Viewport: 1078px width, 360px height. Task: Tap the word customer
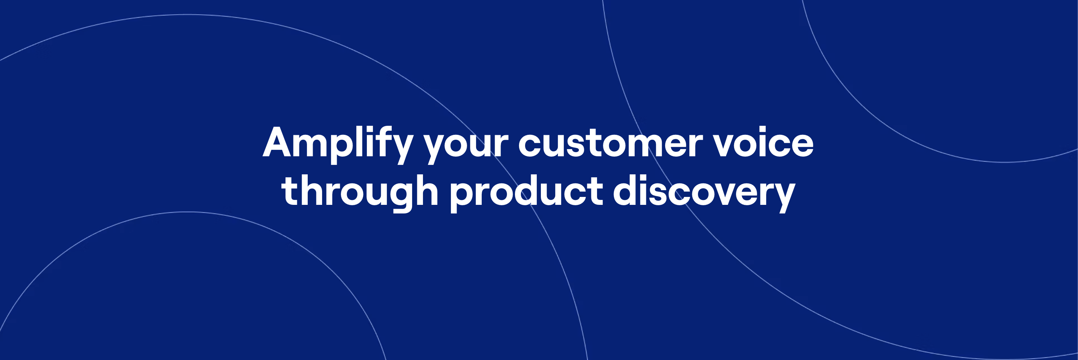pos(611,143)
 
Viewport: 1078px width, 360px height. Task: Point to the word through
pos(360,192)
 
